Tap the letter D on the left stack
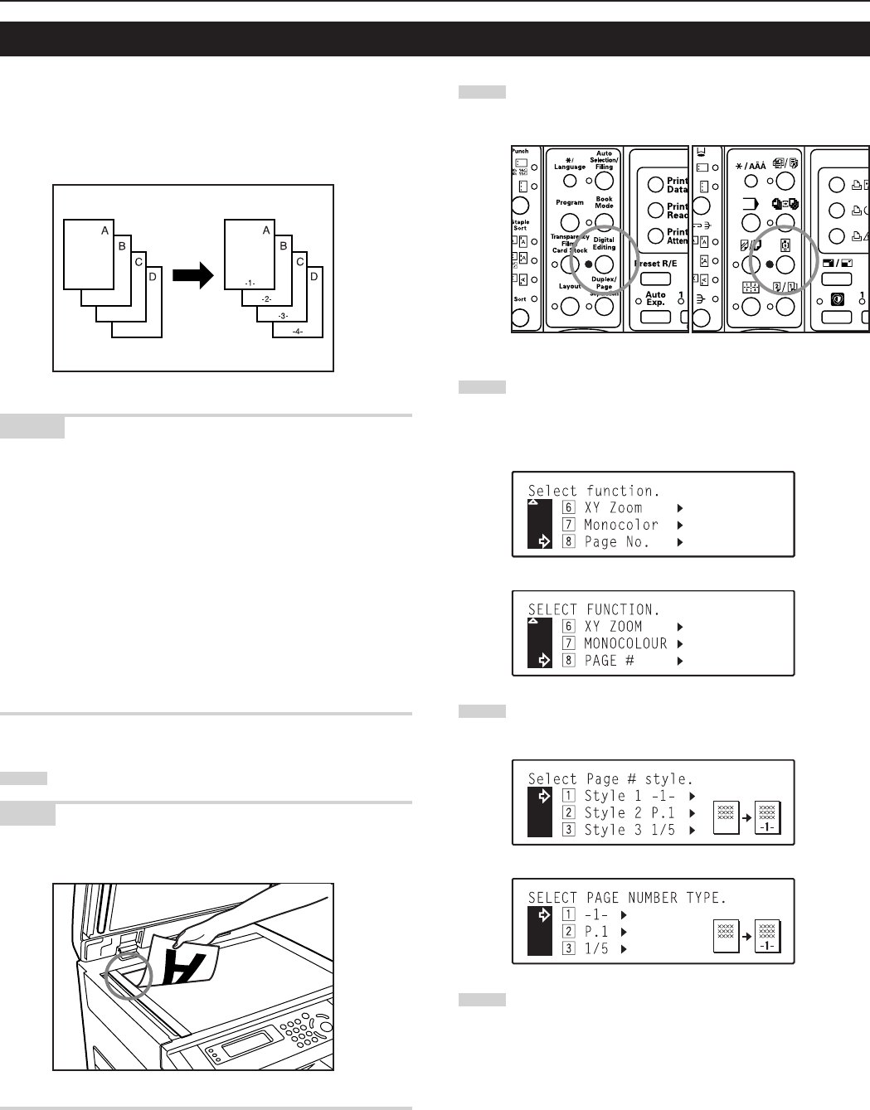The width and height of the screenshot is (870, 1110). (x=153, y=276)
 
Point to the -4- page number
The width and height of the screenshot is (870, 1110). (x=297, y=332)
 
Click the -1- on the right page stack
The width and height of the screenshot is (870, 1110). (x=250, y=283)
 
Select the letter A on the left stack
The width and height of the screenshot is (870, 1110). (x=105, y=230)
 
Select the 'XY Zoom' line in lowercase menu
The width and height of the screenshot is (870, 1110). (x=613, y=507)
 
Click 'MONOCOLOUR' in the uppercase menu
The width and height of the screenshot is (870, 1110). (x=625, y=643)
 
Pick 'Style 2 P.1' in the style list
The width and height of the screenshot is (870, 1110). (x=629, y=813)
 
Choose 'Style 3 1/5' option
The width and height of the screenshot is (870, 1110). (x=629, y=830)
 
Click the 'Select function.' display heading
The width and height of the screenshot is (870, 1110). (x=594, y=491)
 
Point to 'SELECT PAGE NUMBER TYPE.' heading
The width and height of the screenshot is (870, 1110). (x=627, y=898)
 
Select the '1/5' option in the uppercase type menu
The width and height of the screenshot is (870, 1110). (x=596, y=949)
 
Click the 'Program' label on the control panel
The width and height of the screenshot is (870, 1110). (x=570, y=202)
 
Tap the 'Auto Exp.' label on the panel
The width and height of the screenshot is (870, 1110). (x=655, y=298)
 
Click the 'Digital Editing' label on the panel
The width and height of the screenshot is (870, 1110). (x=604, y=243)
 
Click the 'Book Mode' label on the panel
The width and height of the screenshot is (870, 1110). (x=604, y=202)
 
